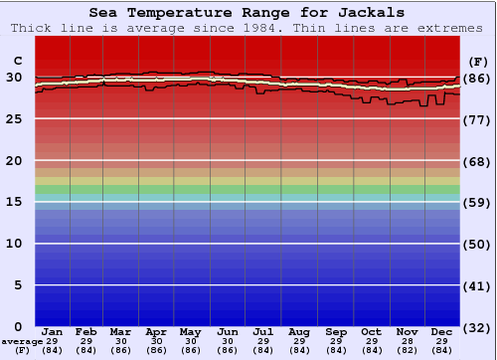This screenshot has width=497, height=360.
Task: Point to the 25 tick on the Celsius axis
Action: (15, 118)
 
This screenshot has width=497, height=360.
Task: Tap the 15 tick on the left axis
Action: (15, 202)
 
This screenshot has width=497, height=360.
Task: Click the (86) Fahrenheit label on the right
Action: (477, 78)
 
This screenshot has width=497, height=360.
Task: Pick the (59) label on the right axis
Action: (477, 203)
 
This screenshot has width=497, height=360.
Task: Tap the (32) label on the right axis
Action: (477, 327)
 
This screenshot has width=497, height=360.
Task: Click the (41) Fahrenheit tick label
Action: (477, 285)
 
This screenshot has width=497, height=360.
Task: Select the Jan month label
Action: (53, 331)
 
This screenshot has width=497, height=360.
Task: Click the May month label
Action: (191, 331)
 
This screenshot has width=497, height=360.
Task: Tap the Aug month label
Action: (298, 331)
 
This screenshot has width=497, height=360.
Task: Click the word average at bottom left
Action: (22, 341)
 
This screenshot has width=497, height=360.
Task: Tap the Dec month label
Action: (442, 331)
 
